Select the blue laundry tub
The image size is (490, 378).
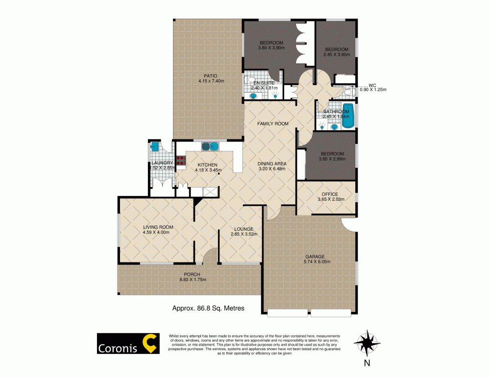[x=155, y=145]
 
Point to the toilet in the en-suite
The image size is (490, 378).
[x=250, y=80]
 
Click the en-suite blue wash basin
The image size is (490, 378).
[x=253, y=96]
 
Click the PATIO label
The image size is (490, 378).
[x=211, y=75]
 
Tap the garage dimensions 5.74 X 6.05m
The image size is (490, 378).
[x=314, y=262]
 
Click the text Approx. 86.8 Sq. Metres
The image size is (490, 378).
[x=208, y=308]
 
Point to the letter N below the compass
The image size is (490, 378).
[x=367, y=363]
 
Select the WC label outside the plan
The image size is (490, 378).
[x=372, y=84]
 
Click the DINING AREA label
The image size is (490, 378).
[x=272, y=164]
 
